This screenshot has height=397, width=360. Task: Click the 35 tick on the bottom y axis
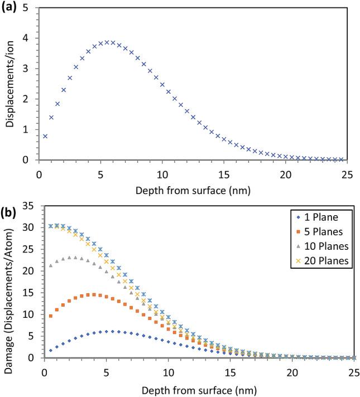click(x=29, y=206)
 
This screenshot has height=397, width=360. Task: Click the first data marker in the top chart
click(x=45, y=136)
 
